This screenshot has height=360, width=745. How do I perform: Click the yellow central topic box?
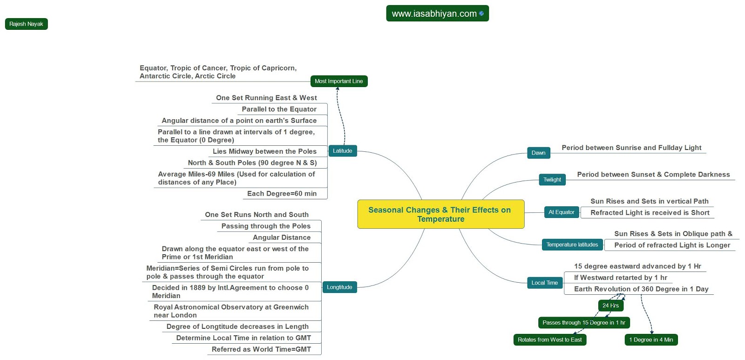tap(440, 214)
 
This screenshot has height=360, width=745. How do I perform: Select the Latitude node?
tap(342, 151)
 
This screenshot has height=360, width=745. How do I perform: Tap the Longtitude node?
tap(339, 287)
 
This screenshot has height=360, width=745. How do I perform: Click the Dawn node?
tap(538, 153)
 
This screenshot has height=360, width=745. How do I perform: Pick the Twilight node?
tap(552, 180)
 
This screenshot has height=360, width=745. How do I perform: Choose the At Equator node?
tap(562, 212)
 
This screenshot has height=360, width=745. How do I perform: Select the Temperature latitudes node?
tap(572, 245)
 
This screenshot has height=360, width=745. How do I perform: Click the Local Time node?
tap(544, 283)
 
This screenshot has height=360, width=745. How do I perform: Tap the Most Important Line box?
tap(339, 81)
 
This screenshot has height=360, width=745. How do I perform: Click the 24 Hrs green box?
tap(610, 306)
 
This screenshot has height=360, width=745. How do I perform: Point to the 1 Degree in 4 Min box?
tap(651, 340)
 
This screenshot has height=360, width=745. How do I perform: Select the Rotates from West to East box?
tap(549, 340)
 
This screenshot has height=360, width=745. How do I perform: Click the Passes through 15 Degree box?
tap(584, 323)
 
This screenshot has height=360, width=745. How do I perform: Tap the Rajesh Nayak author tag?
tap(26, 24)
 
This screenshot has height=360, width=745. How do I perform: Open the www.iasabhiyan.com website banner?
tap(437, 14)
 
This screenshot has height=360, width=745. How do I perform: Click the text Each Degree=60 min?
tap(282, 194)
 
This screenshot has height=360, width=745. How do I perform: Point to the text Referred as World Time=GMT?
tap(261, 349)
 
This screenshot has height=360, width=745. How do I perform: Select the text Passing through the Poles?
tap(266, 226)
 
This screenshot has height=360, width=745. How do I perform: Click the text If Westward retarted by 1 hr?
tap(620, 278)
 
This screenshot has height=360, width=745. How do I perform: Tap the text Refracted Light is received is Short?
tap(650, 213)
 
